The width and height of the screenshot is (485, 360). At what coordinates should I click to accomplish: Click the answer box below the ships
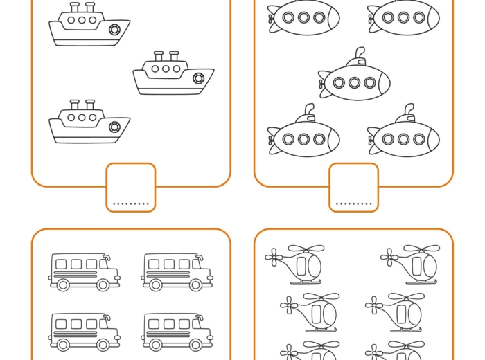(x=131, y=187)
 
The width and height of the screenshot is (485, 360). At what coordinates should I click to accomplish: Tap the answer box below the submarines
(x=353, y=187)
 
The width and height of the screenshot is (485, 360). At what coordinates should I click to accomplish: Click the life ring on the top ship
(x=115, y=30)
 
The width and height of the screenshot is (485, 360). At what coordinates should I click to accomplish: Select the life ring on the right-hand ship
(x=199, y=78)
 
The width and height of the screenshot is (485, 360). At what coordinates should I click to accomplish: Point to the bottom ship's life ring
(x=115, y=127)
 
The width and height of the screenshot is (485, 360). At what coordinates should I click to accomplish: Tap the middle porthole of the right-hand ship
(x=166, y=69)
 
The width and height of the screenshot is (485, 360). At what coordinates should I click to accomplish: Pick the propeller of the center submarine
(x=322, y=84)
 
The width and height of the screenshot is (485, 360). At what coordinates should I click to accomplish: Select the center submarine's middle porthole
(x=355, y=83)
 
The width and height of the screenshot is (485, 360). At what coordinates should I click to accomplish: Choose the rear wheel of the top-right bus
(x=156, y=285)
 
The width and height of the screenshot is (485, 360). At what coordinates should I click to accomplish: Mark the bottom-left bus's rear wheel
(x=63, y=344)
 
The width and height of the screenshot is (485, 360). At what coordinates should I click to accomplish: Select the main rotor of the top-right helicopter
(x=422, y=249)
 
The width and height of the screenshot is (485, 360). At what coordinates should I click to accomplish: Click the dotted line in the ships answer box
(x=131, y=204)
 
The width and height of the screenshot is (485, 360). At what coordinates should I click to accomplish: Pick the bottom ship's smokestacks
(x=82, y=105)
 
